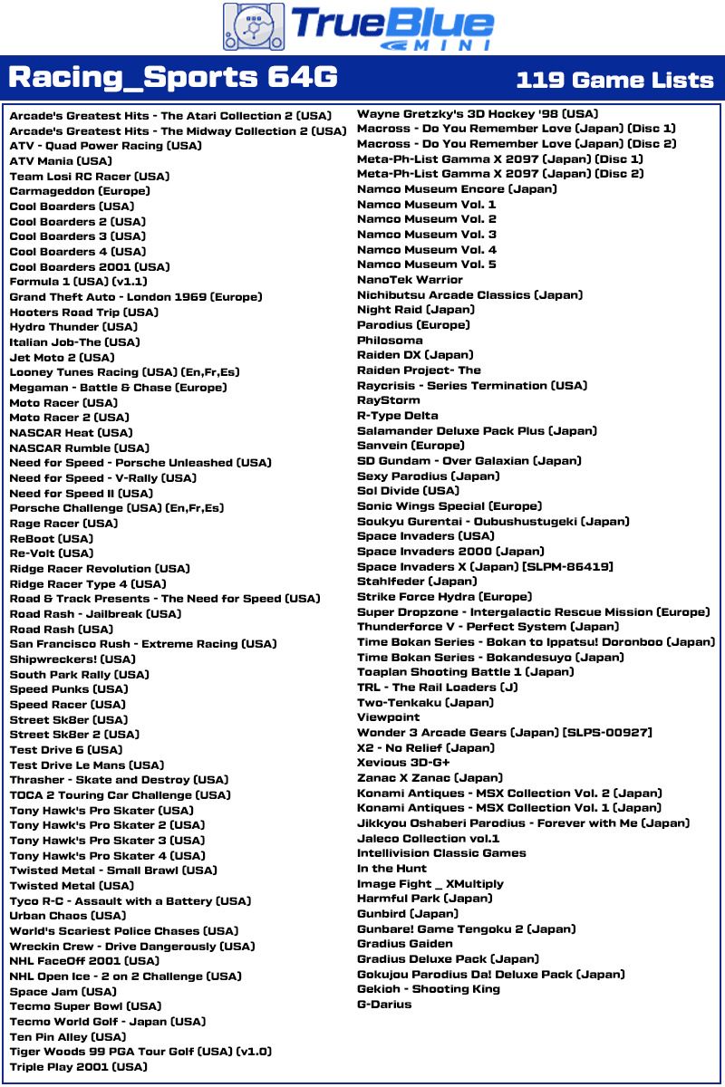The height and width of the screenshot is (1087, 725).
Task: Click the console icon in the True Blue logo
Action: (x=253, y=26)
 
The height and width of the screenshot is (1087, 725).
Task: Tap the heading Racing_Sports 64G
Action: (x=173, y=79)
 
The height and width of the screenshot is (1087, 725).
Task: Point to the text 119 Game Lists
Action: (x=614, y=80)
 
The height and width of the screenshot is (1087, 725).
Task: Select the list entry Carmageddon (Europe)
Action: (x=80, y=191)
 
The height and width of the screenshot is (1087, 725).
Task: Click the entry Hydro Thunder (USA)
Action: (x=73, y=327)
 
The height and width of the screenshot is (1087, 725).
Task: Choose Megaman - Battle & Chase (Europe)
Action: (x=118, y=388)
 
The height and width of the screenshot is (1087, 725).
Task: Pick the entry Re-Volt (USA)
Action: (x=52, y=553)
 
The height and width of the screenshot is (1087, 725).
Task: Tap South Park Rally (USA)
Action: (x=80, y=675)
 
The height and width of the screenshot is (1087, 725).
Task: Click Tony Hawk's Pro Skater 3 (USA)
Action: (x=107, y=841)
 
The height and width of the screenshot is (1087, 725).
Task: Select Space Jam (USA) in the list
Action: (x=63, y=992)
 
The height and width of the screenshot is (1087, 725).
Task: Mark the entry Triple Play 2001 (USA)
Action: (x=78, y=1067)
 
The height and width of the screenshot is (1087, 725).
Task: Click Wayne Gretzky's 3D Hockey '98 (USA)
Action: (x=478, y=114)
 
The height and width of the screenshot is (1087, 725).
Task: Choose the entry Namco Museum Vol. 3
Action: (x=427, y=235)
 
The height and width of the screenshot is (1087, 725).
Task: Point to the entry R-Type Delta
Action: (x=398, y=416)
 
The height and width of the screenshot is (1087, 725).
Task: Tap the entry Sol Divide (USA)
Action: (x=408, y=491)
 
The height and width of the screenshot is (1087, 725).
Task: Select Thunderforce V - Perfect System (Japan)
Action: (x=488, y=627)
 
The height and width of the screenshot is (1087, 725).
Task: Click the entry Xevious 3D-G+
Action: (x=403, y=763)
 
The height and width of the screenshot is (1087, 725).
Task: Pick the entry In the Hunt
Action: (x=391, y=869)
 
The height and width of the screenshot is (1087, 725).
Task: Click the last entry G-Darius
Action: (x=384, y=1005)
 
